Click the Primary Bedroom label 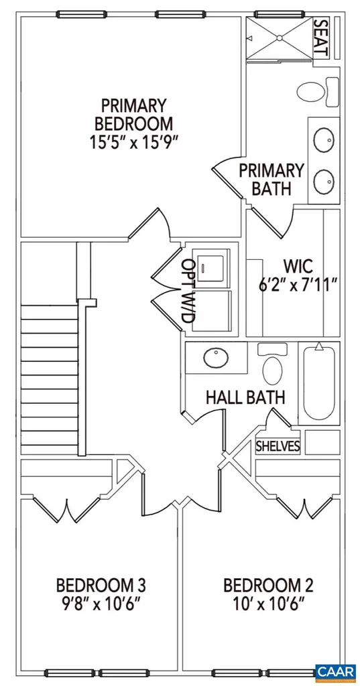point(133,115)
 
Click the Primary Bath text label point(271,179)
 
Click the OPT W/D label point(189,292)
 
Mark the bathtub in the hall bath point(319,382)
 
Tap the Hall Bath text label point(245,397)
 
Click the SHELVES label point(278,446)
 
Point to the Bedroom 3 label point(101,585)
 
